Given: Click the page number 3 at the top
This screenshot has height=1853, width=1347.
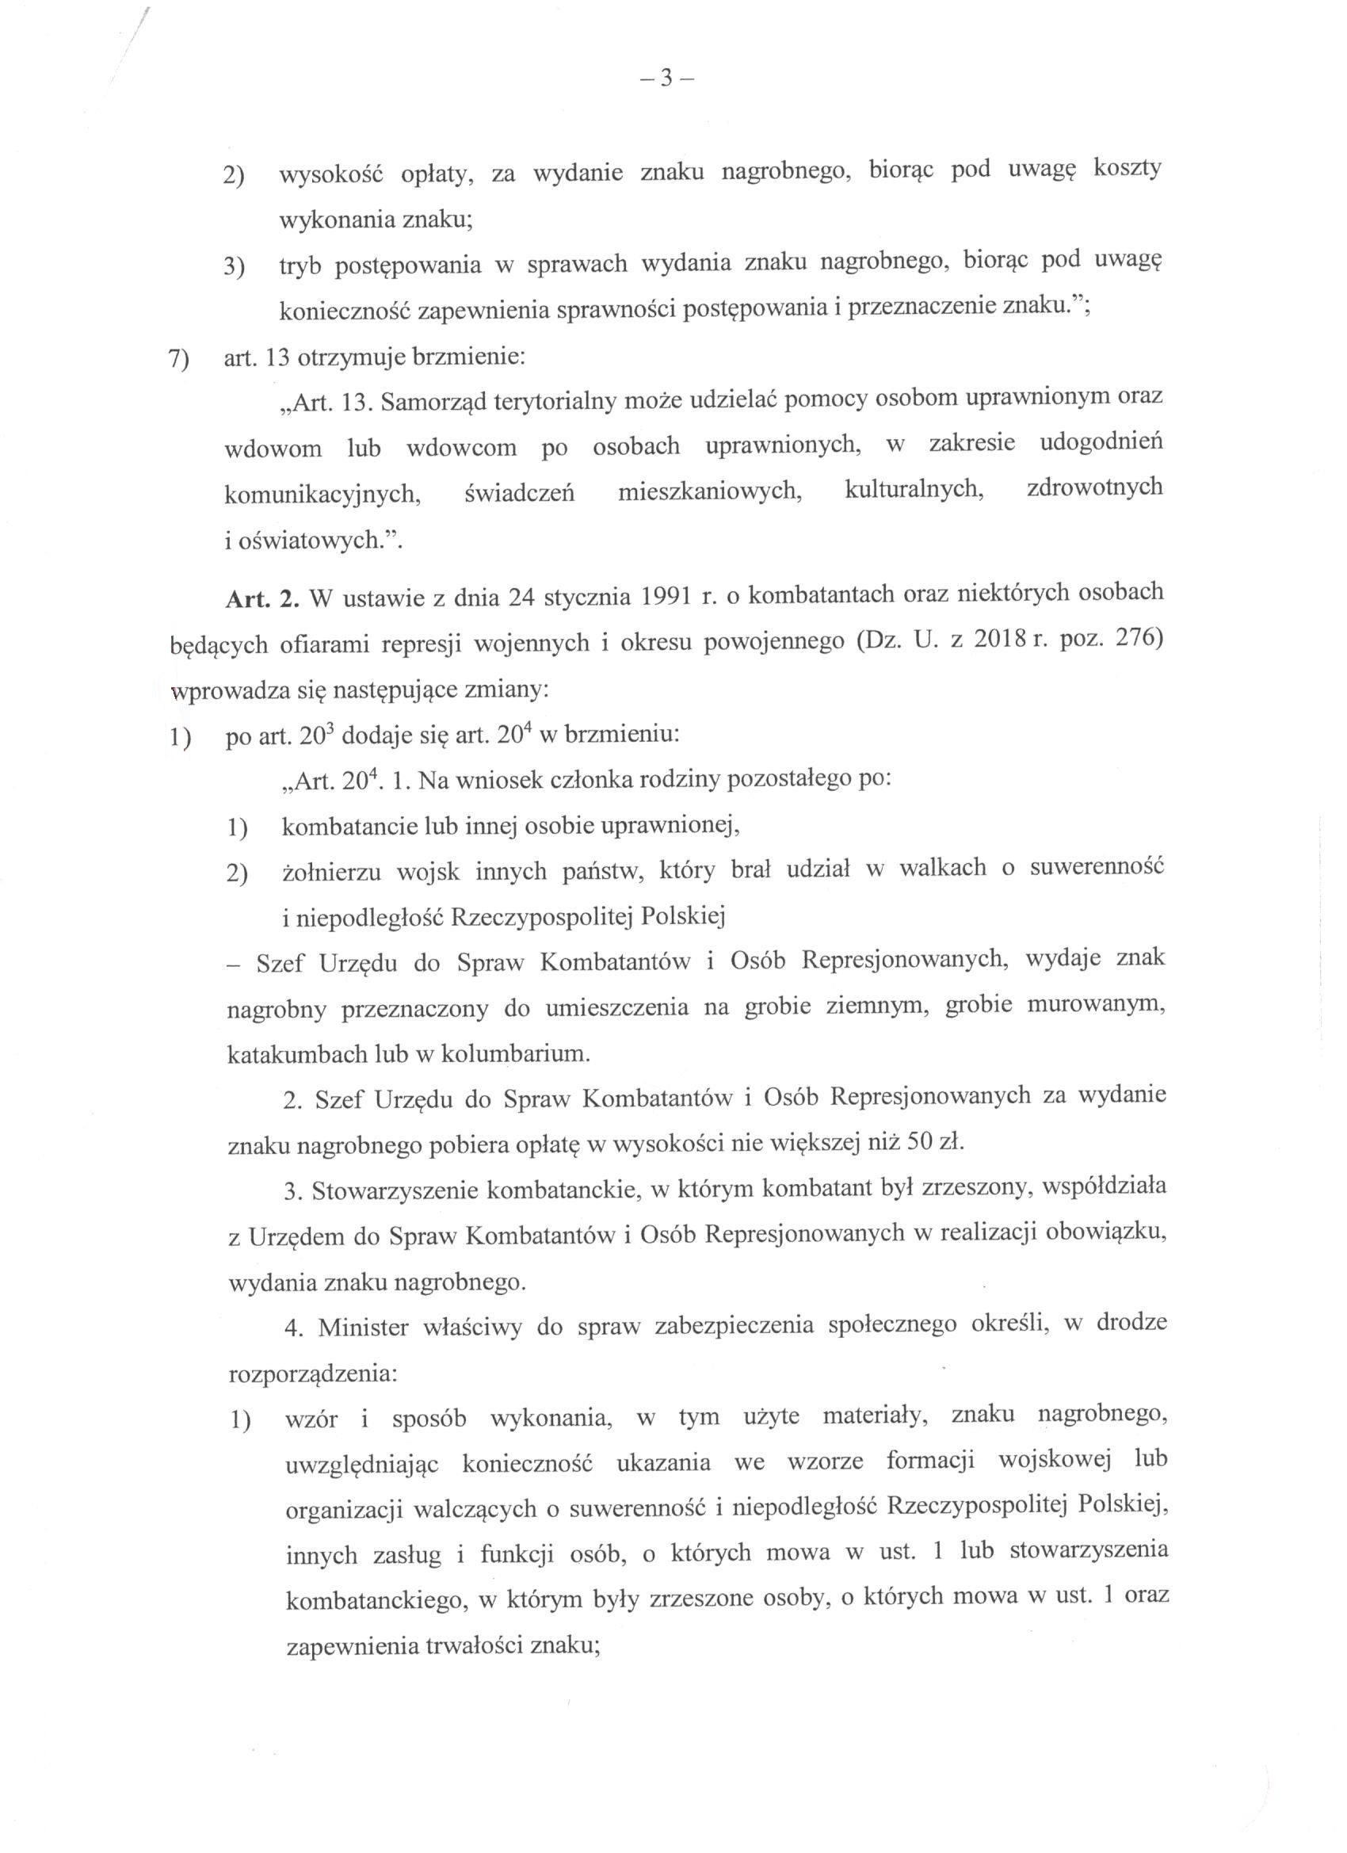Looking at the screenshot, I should pyautogui.click(x=666, y=79).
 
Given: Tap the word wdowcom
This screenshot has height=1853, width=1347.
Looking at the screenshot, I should pyautogui.click(x=450, y=448).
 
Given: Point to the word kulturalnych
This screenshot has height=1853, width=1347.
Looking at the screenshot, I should pyautogui.click(x=914, y=489).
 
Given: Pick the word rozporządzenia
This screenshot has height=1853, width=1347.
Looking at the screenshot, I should pyautogui.click(x=312, y=1374).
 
